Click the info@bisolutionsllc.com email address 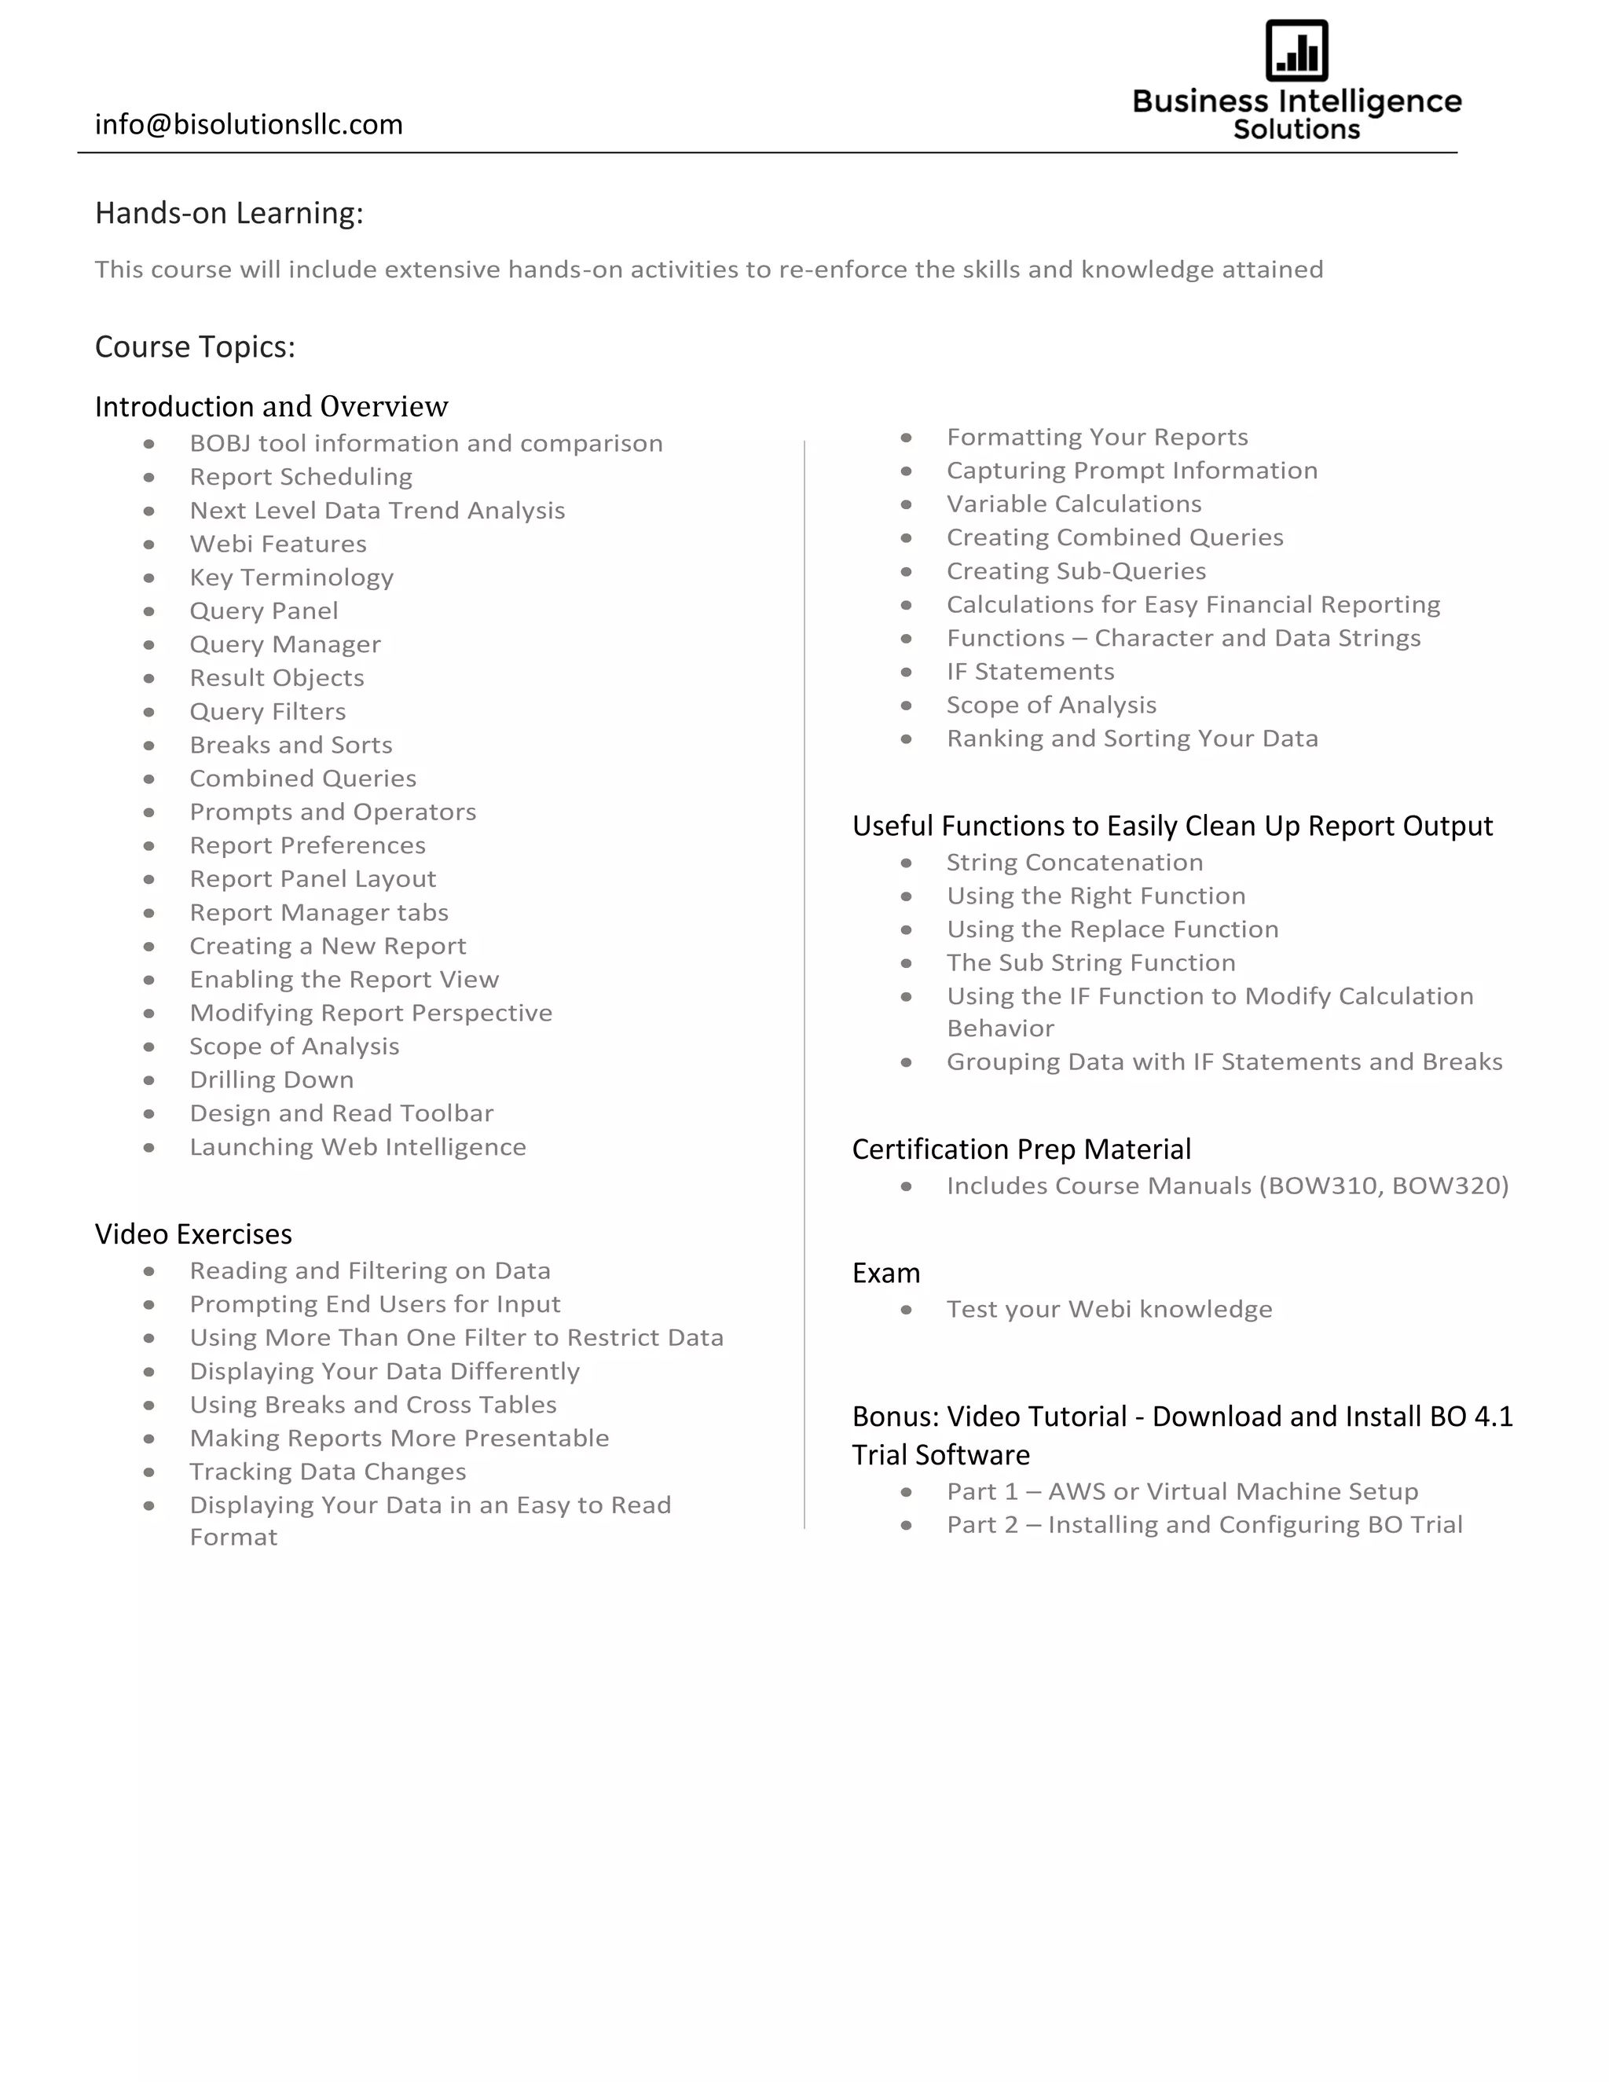point(249,125)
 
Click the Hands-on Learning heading point(229,214)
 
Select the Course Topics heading point(195,347)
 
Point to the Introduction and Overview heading point(271,407)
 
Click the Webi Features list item point(277,544)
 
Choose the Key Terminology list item point(291,577)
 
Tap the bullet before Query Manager point(149,645)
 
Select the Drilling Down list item point(271,1080)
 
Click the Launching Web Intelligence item point(357,1147)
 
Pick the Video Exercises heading point(192,1234)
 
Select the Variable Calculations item point(1073,504)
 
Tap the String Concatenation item point(1074,863)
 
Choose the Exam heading point(885,1274)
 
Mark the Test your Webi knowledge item point(1109,1310)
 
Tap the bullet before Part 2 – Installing point(907,1527)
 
